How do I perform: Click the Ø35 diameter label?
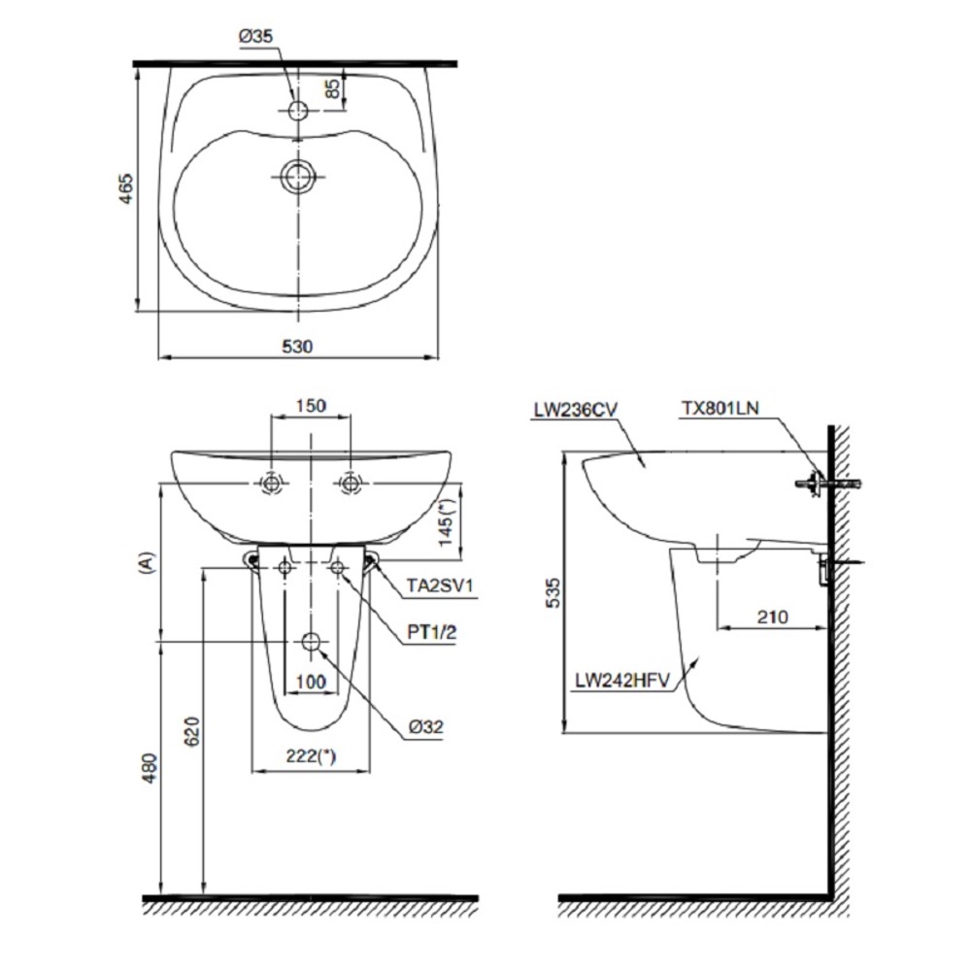click(x=255, y=37)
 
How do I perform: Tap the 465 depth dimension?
click(x=125, y=189)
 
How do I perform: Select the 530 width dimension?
click(x=298, y=347)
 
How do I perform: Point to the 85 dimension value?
click(x=332, y=88)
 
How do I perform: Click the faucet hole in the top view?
click(x=298, y=111)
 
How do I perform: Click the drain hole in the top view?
click(x=298, y=177)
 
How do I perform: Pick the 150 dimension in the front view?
click(x=311, y=406)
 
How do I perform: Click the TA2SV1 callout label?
click(x=440, y=586)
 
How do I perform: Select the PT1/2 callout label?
click(x=432, y=632)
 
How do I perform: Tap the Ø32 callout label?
click(x=426, y=726)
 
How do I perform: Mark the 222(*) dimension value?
click(x=311, y=756)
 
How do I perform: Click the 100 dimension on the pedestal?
click(x=311, y=682)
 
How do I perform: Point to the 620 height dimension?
click(x=192, y=731)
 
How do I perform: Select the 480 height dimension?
click(x=151, y=768)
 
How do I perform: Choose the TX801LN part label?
click(x=720, y=408)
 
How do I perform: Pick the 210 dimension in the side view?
click(x=773, y=617)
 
